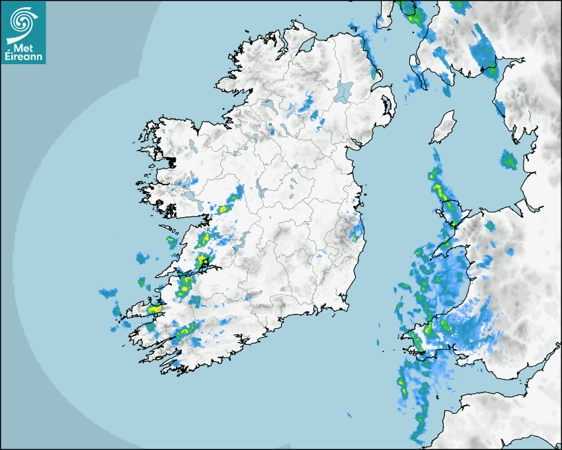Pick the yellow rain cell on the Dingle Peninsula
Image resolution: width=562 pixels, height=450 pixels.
[155, 308]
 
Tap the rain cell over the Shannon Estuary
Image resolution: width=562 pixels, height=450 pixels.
[202, 261]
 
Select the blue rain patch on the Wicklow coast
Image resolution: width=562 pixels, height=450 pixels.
[356, 232]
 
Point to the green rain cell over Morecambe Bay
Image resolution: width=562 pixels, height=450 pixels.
[508, 159]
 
